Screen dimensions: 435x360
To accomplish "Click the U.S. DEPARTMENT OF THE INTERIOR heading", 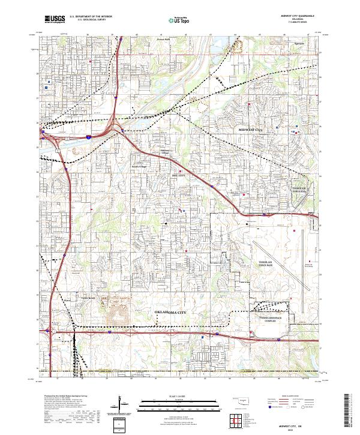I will [x=91, y=17].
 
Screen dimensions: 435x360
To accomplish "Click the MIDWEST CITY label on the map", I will [x=251, y=130].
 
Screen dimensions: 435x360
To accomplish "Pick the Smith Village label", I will [x=139, y=167].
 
